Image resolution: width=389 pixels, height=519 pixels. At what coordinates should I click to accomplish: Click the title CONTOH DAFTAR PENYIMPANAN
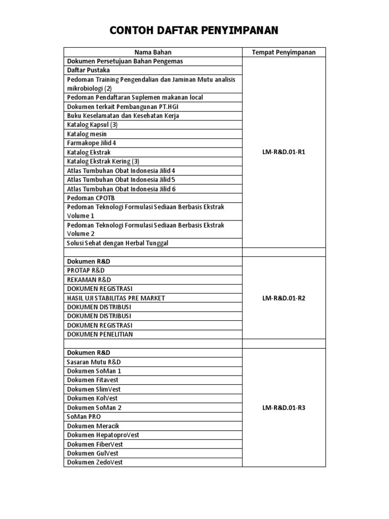click(x=194, y=31)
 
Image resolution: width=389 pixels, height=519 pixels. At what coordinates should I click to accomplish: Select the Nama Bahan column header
click(x=153, y=52)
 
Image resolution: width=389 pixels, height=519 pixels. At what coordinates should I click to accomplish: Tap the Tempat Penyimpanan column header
click(x=284, y=52)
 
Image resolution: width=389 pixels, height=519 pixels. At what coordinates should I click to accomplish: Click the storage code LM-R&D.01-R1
click(x=284, y=152)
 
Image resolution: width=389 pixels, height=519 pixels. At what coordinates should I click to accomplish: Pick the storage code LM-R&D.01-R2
click(x=284, y=298)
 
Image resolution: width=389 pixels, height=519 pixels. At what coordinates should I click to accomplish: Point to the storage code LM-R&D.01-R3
click(x=284, y=407)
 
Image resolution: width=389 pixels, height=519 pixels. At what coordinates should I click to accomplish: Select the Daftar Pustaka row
click(x=89, y=70)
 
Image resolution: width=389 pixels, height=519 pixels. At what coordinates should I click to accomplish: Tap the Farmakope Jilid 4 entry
click(x=92, y=143)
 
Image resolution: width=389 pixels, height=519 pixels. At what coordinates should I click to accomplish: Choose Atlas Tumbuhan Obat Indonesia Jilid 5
click(x=121, y=179)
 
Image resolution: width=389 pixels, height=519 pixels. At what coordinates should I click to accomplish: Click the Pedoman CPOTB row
click(x=88, y=198)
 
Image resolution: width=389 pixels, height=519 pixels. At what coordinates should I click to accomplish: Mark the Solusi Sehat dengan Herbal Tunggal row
click(x=118, y=243)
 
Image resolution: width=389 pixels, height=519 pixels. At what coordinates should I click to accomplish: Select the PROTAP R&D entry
click(x=86, y=271)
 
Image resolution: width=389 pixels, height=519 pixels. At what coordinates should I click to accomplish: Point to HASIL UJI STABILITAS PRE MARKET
click(x=116, y=298)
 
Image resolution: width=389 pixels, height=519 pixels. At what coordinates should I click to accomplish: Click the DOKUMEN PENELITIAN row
click(x=100, y=335)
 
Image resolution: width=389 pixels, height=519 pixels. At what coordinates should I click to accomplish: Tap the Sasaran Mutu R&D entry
click(x=94, y=362)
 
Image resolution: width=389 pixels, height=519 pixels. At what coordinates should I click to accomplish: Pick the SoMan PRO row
click(x=84, y=417)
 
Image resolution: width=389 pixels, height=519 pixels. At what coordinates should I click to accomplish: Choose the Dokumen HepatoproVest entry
click(x=103, y=435)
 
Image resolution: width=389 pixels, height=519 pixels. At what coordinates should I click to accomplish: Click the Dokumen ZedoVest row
click(x=95, y=462)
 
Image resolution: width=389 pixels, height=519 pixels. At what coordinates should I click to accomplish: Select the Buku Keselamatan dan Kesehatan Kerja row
click(x=123, y=116)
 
